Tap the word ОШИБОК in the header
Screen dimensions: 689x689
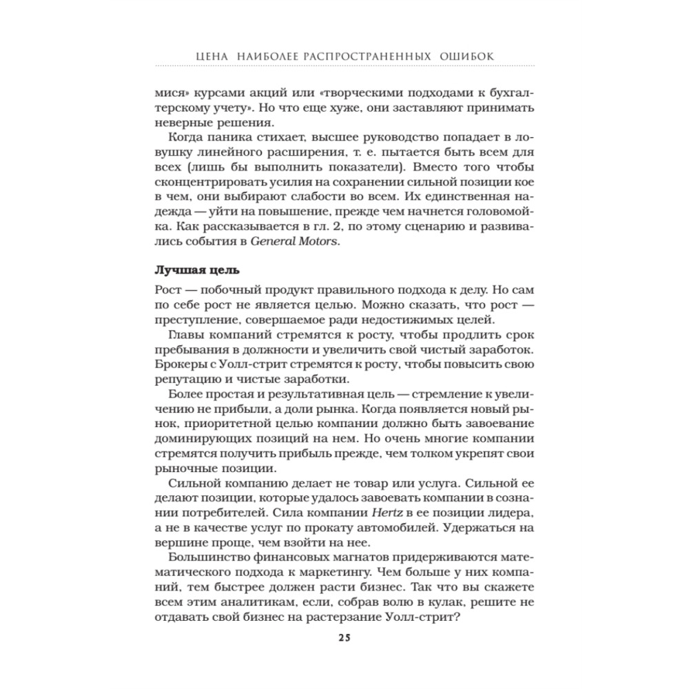pos(469,54)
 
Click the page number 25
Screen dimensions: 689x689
pos(344,637)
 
